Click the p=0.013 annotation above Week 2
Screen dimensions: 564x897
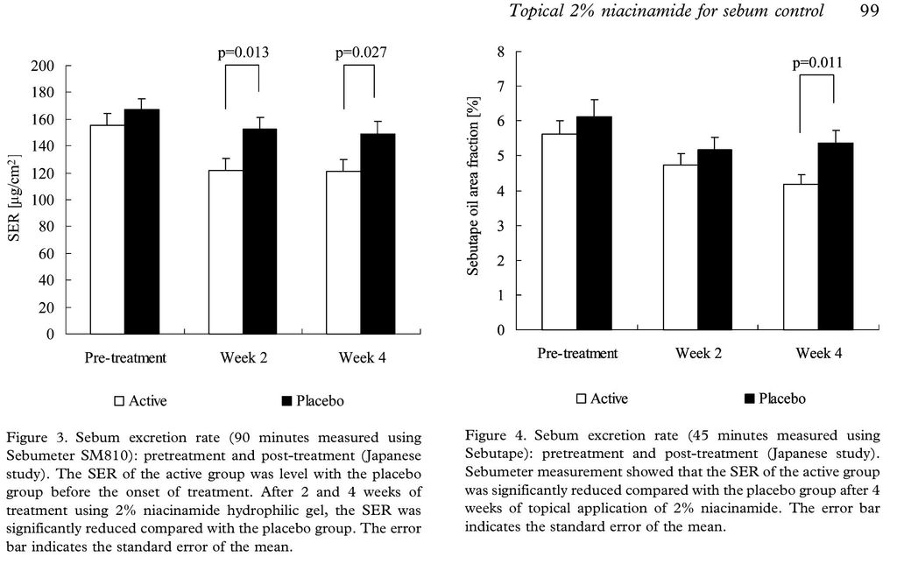click(x=243, y=53)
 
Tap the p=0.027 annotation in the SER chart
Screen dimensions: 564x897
click(x=360, y=53)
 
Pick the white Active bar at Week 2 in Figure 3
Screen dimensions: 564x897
click(x=226, y=252)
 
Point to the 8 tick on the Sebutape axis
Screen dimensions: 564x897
click(x=501, y=51)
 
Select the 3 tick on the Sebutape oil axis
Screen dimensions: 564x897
click(x=501, y=226)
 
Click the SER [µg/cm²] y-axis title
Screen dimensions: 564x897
click(x=15, y=201)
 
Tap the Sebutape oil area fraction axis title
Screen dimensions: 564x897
click(x=472, y=191)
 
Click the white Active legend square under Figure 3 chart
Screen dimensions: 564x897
click(x=120, y=401)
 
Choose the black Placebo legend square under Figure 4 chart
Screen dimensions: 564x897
click(x=748, y=399)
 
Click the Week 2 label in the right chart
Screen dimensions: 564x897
click(x=698, y=354)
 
